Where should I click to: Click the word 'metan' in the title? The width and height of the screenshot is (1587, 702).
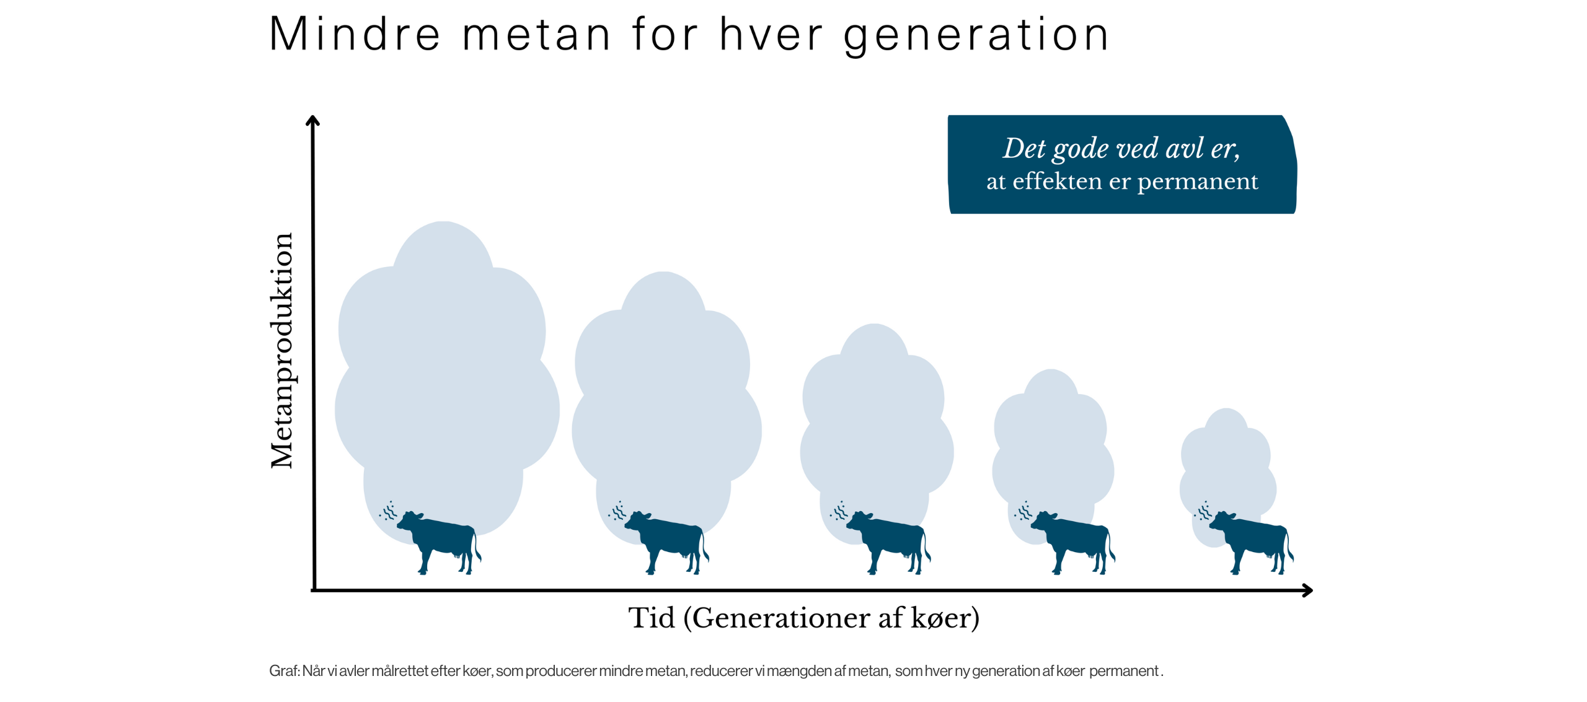tap(537, 35)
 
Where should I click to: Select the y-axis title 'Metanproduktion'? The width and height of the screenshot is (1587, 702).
tap(282, 351)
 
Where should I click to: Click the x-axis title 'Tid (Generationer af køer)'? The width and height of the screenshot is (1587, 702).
tap(804, 618)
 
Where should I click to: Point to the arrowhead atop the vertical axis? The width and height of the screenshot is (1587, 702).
tap(313, 120)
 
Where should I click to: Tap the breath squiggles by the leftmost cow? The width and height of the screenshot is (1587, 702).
tap(388, 511)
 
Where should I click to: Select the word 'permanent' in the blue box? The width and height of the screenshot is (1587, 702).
tap(1198, 182)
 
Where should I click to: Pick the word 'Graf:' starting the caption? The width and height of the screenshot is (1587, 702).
tap(285, 671)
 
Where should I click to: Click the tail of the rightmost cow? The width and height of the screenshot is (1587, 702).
tap(1290, 546)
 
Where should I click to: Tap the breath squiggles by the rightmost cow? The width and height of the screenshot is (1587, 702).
tap(1203, 511)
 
